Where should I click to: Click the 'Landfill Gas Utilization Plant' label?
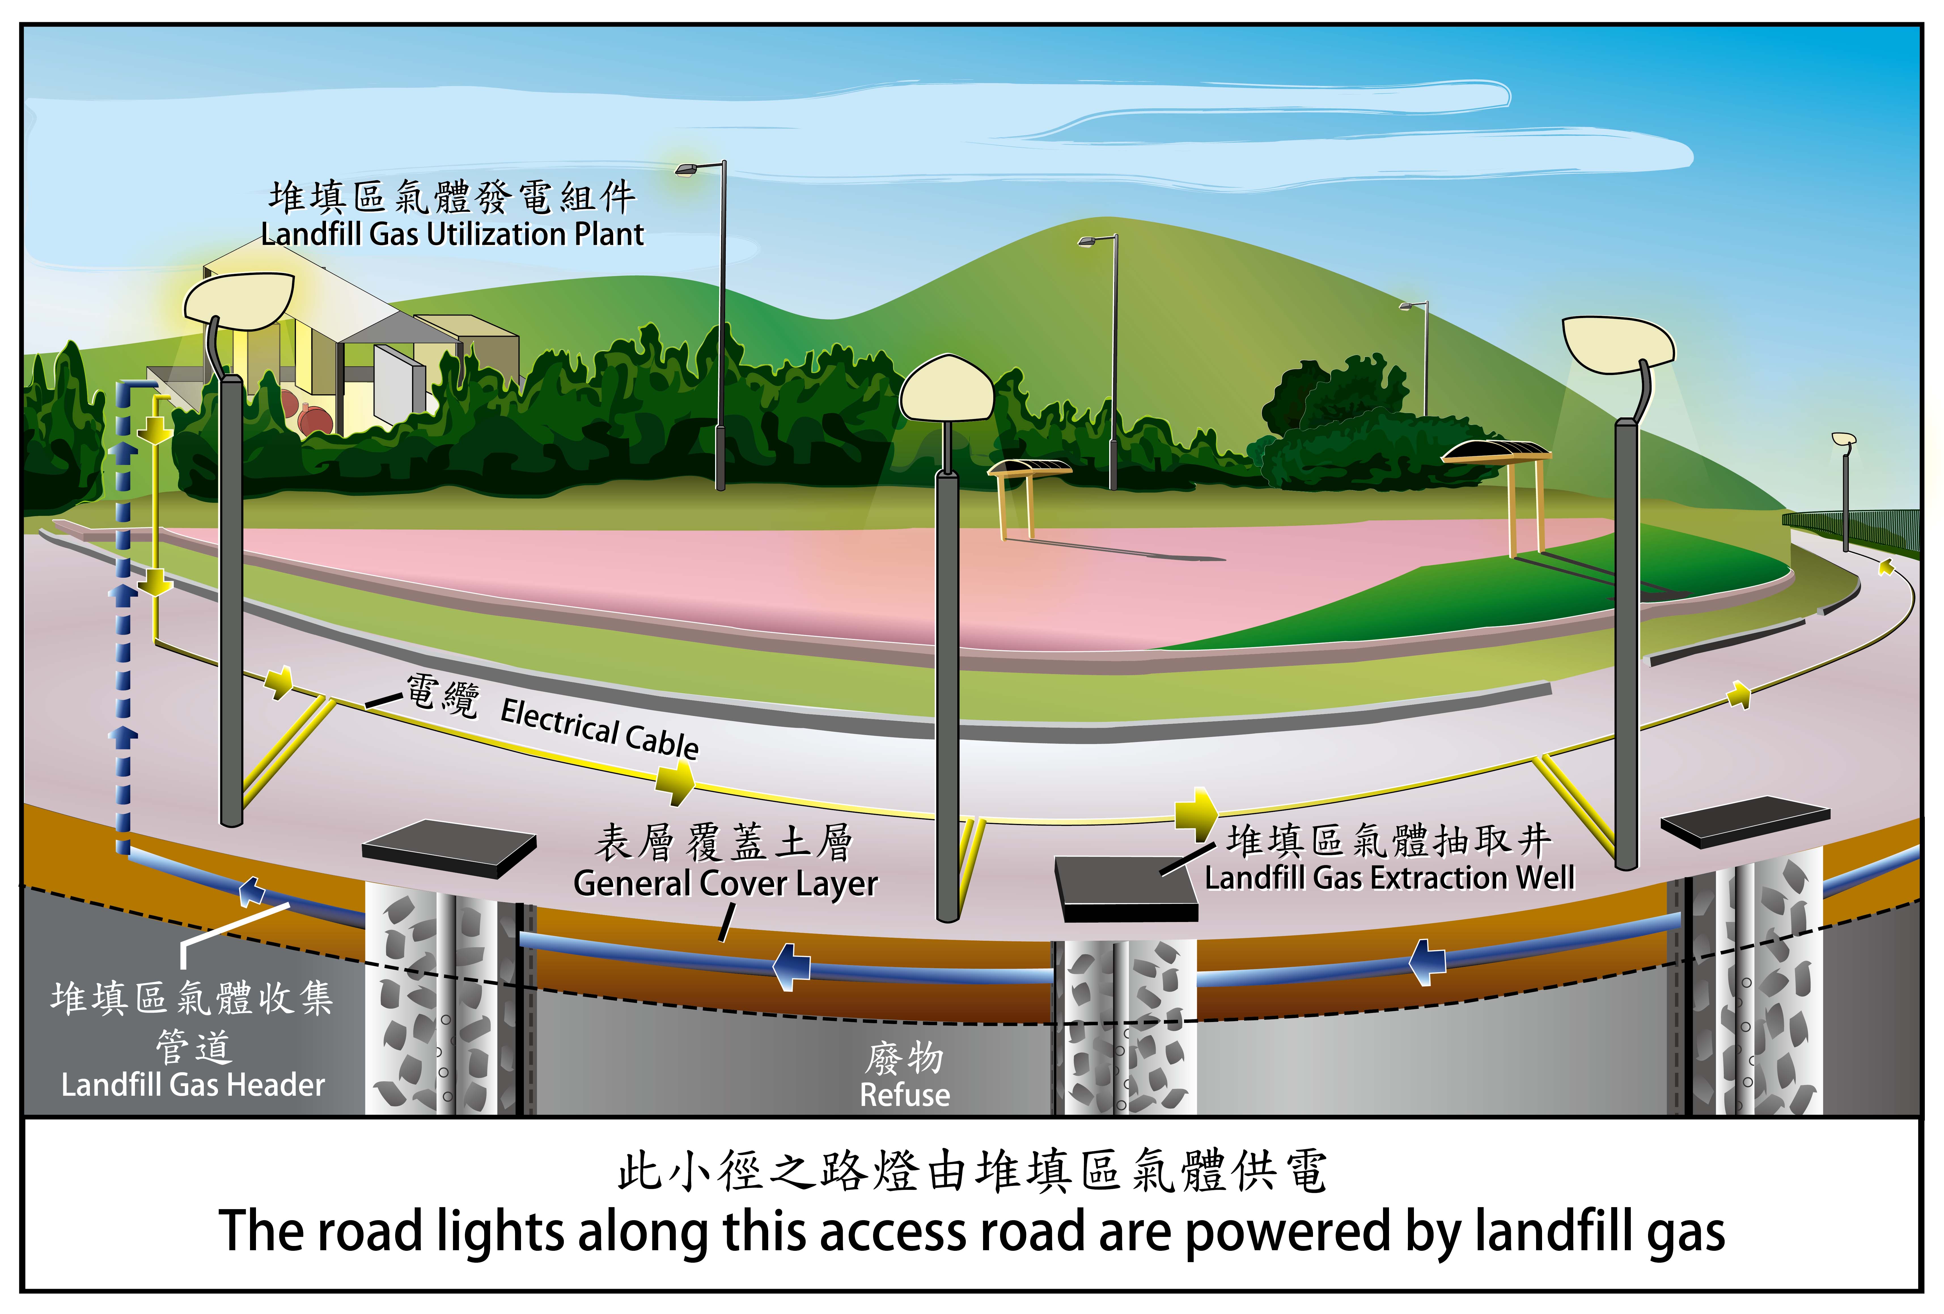click(452, 234)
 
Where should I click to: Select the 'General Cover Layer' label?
click(725, 883)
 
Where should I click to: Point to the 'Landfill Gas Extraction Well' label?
click(1390, 877)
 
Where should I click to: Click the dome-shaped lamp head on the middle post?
click(946, 389)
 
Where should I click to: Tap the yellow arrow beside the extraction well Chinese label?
click(1196, 811)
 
